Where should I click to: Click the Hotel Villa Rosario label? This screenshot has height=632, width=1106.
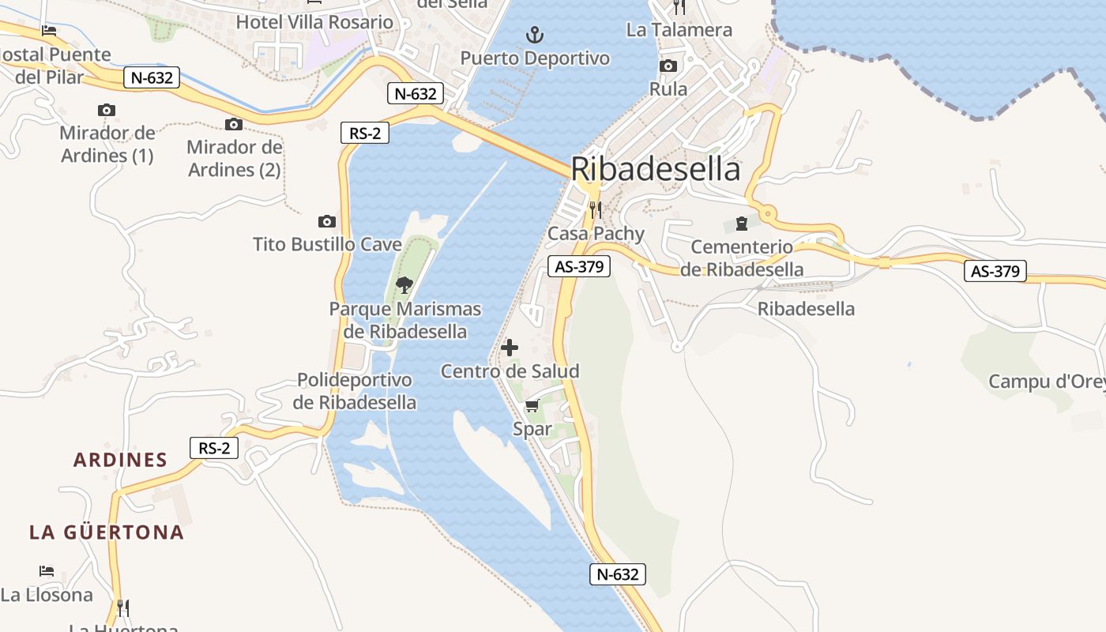tap(314, 22)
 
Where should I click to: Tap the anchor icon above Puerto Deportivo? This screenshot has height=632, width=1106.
tap(536, 35)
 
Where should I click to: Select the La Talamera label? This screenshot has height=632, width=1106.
tap(679, 30)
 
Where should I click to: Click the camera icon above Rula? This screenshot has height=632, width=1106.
tap(668, 66)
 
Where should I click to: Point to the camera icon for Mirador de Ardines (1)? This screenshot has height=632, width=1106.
tap(107, 111)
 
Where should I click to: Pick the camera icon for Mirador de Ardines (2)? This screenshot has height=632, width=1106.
tap(234, 124)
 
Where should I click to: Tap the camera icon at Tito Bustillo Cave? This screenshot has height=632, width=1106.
tap(326, 222)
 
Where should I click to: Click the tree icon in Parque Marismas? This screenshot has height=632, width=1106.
tap(404, 284)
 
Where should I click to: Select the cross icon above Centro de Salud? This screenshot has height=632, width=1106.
tap(510, 347)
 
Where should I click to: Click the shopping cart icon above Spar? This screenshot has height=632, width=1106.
tap(532, 406)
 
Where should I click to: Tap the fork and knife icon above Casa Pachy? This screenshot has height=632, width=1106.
tap(596, 209)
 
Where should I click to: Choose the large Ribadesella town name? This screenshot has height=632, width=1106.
tap(656, 169)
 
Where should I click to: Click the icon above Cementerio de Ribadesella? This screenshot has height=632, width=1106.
tap(741, 224)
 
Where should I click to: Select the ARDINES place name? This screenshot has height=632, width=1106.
tap(120, 460)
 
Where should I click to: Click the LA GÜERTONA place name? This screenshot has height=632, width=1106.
tap(107, 532)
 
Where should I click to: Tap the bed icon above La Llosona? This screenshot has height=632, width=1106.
tap(47, 570)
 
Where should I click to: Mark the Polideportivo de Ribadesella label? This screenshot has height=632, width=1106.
tap(354, 391)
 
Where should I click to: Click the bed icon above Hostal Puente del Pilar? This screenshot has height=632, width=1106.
tap(49, 31)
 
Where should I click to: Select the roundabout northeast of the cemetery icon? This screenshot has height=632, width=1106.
tap(767, 213)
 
